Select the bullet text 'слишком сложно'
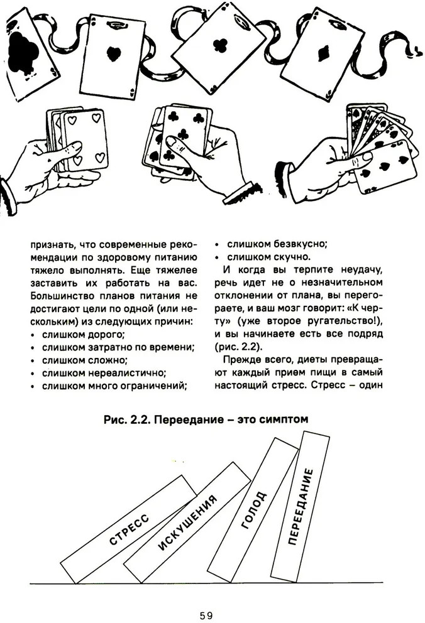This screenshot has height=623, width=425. click(x=85, y=360)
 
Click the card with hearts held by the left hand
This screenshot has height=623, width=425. click(x=85, y=139)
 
